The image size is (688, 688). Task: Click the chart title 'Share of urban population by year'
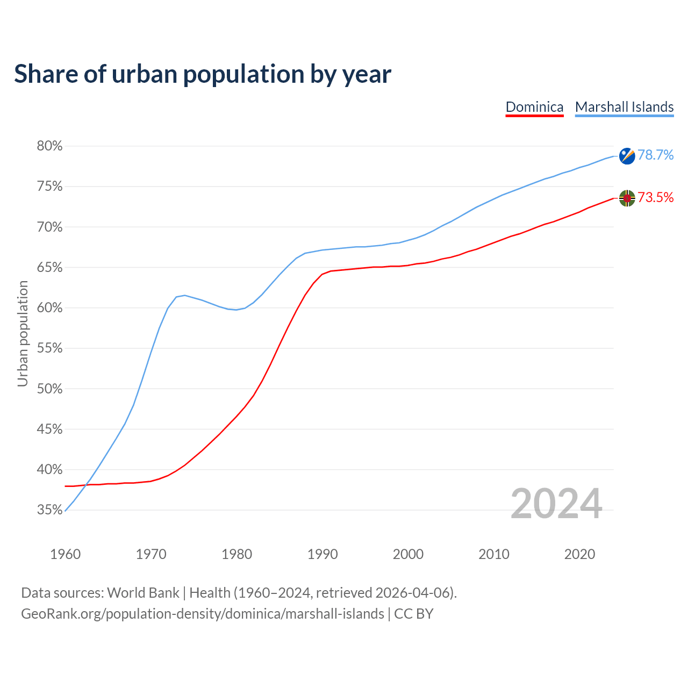[203, 74]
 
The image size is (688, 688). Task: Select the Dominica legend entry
[534, 107]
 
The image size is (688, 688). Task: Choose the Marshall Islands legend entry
[624, 107]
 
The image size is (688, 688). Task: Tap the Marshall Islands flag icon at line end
[627, 156]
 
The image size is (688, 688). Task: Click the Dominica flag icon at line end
[627, 198]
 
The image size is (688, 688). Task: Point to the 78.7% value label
[655, 155]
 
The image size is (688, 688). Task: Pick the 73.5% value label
[655, 198]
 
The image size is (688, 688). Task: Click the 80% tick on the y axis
[49, 146]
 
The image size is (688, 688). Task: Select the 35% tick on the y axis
[49, 510]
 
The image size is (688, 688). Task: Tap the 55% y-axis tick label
[49, 348]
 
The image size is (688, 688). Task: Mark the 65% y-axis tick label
[49, 268]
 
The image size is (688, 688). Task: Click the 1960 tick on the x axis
[65, 554]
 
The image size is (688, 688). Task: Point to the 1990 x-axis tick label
[322, 554]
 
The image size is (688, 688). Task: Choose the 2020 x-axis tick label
[579, 554]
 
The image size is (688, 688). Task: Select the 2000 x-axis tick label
[408, 554]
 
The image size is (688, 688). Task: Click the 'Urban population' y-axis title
[23, 333]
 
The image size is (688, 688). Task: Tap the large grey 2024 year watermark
[556, 504]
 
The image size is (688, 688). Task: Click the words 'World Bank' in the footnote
[143, 593]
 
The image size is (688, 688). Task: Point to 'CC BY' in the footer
[414, 614]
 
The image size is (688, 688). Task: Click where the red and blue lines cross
[85, 485]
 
